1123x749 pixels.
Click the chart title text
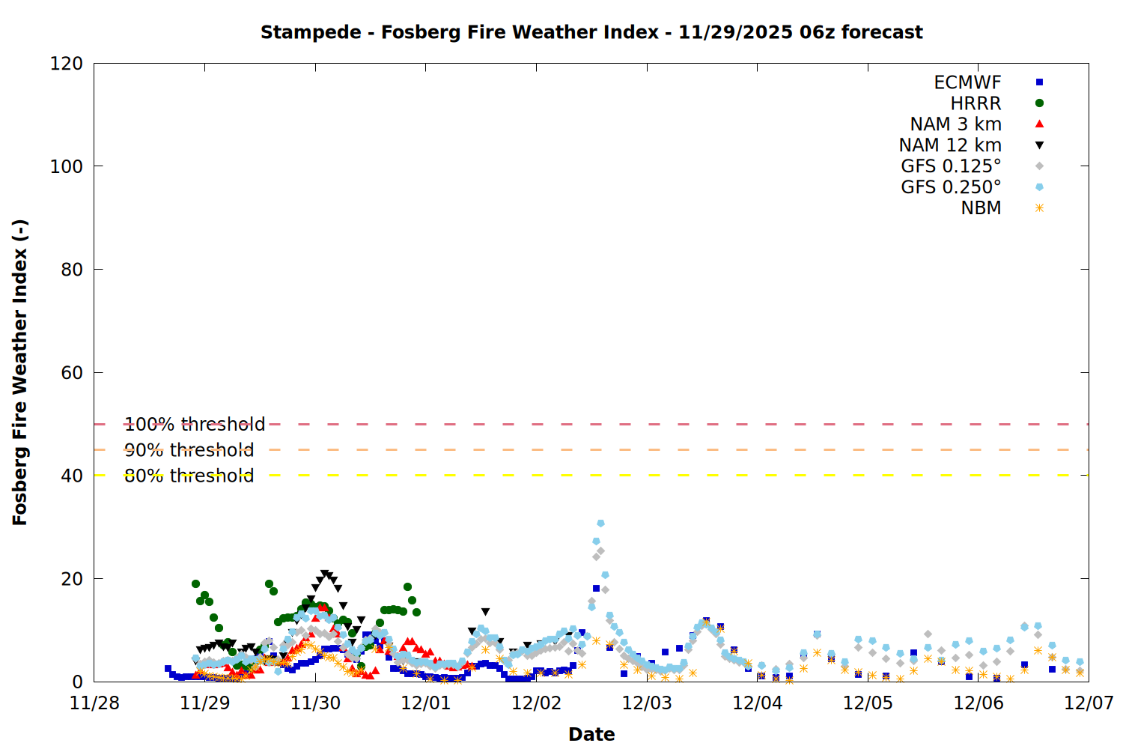click(x=591, y=32)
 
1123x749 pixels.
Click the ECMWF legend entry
click(x=967, y=82)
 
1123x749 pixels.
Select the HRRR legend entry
click(x=976, y=103)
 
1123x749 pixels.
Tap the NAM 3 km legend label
click(x=955, y=124)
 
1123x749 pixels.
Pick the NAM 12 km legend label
click(x=950, y=145)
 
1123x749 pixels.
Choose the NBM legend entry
click(x=981, y=208)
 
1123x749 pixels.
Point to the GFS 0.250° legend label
click(x=951, y=187)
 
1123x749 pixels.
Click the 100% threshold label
click(x=195, y=425)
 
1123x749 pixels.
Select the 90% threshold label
click(x=189, y=450)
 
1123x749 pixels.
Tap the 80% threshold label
click(x=189, y=476)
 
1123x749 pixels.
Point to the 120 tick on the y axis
click(x=67, y=64)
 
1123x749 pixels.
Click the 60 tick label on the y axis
click(x=72, y=373)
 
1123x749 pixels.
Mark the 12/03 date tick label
click(x=647, y=703)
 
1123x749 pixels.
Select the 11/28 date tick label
click(x=94, y=703)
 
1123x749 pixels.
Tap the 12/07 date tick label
click(x=1089, y=703)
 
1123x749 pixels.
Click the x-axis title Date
click(x=591, y=734)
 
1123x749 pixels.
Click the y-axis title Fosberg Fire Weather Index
click(x=20, y=372)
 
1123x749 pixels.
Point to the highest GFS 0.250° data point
click(x=600, y=524)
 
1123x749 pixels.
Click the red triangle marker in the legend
click(x=1039, y=124)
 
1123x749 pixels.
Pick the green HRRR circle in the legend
click(x=1039, y=103)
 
